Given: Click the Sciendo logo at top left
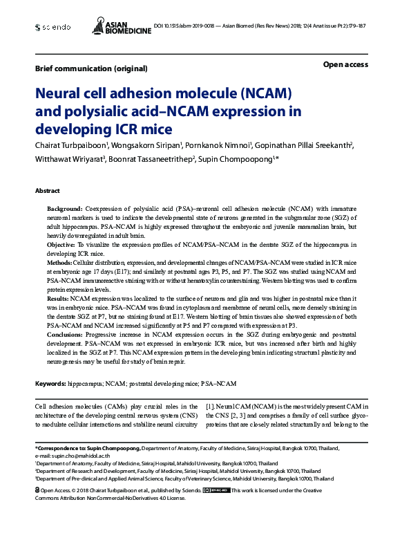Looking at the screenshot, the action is tap(52, 27).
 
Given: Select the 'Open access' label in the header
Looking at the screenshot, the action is tap(345, 64).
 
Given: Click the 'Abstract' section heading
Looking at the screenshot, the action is tap(48, 190).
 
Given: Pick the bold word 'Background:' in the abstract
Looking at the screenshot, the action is tap(64, 208).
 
